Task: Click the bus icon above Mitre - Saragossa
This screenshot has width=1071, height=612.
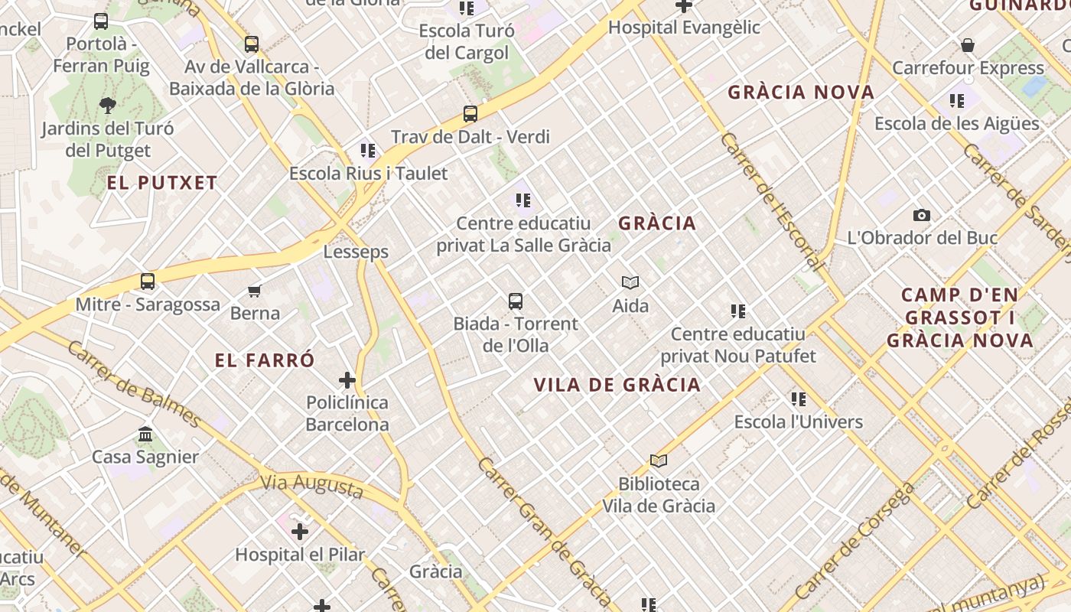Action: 148,282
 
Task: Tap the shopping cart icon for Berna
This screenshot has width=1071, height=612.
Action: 255,291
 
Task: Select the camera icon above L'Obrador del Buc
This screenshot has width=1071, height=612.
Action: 922,216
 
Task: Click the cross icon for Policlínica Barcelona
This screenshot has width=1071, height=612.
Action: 347,379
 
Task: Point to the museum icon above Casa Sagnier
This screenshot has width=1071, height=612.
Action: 145,435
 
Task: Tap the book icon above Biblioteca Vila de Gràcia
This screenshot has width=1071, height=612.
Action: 659,461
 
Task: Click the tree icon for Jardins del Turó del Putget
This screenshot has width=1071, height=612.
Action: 108,106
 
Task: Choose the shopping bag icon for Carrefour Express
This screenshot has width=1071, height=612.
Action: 968,45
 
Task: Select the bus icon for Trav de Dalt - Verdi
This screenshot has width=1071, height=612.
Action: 470,114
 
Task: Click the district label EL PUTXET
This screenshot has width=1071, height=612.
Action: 162,183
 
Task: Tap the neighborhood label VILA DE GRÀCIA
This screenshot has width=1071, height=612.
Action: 617,385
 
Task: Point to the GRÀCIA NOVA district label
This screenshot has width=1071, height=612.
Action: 801,93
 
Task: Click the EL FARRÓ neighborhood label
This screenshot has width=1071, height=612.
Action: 265,360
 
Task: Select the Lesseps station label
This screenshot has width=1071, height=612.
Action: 356,252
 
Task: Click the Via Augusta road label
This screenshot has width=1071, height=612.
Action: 311,486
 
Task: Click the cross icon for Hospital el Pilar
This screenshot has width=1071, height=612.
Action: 300,531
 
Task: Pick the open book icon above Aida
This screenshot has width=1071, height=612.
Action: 630,283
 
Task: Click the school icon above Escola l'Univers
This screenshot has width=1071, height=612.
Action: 799,399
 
